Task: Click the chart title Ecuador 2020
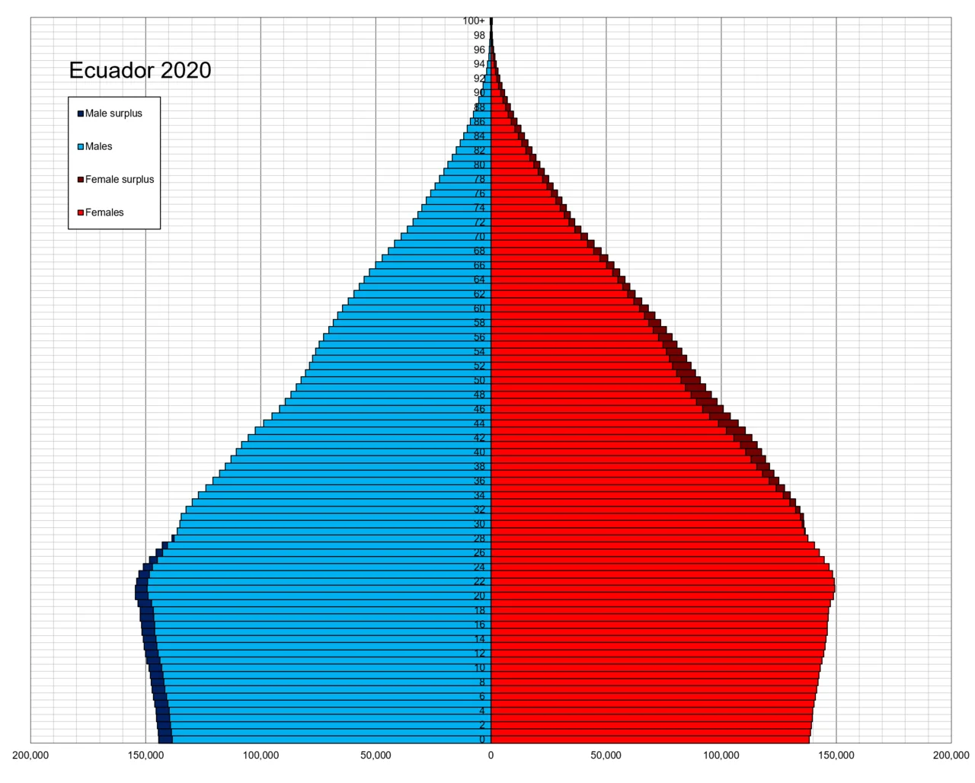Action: click(140, 70)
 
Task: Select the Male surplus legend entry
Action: click(113, 113)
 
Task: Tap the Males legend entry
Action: click(98, 146)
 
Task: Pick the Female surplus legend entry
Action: click(119, 180)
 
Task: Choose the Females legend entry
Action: click(104, 213)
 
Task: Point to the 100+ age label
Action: click(474, 21)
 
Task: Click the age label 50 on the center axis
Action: click(479, 380)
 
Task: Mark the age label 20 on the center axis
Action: click(479, 596)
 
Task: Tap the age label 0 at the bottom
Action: click(482, 740)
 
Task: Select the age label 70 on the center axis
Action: click(479, 237)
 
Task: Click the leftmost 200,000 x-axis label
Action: click(31, 756)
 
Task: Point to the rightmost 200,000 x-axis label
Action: click(951, 756)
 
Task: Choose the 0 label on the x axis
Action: click(491, 756)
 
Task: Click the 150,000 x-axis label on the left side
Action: click(146, 756)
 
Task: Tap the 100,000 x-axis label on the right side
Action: click(721, 756)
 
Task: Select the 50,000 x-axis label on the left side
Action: click(376, 756)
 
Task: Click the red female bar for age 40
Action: click(617, 452)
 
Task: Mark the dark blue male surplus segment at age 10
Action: click(155, 668)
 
